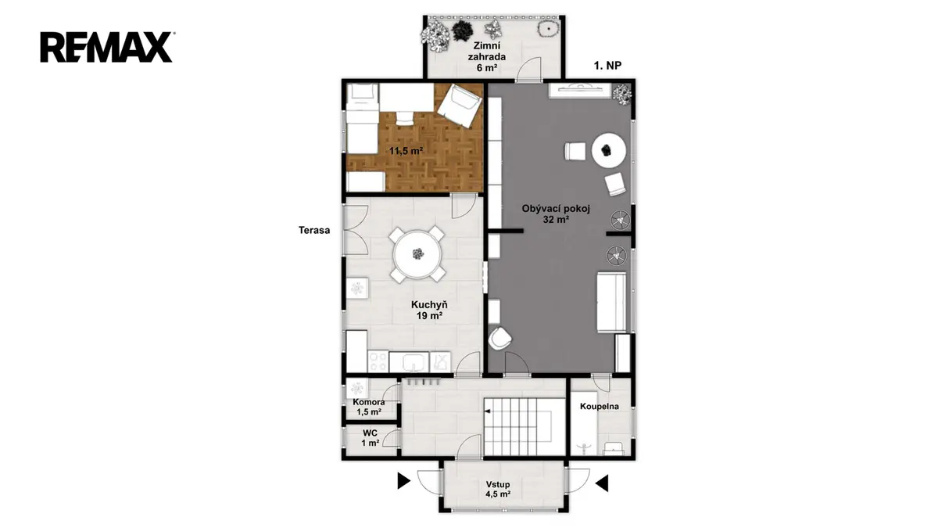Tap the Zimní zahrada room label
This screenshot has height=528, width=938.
[486, 56]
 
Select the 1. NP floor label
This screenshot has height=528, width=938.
[607, 66]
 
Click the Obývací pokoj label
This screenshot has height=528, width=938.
[556, 214]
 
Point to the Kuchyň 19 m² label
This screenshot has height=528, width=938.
[429, 310]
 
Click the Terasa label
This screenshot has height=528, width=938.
[314, 230]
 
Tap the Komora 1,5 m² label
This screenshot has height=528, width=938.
[368, 407]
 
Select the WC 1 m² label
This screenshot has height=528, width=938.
[371, 438]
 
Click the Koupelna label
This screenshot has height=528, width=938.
[600, 406]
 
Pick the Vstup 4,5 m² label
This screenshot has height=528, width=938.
[498, 489]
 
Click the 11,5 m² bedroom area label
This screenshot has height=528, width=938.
[406, 150]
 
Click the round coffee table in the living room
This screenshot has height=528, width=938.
[608, 150]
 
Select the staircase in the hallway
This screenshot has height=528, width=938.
[524, 426]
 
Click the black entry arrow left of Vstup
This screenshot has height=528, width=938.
[403, 480]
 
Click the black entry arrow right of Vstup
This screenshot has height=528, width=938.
[602, 483]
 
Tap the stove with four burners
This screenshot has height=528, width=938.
[378, 361]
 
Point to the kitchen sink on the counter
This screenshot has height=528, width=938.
[409, 362]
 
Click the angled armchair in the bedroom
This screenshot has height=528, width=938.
[460, 105]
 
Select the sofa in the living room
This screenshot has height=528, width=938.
[611, 302]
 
